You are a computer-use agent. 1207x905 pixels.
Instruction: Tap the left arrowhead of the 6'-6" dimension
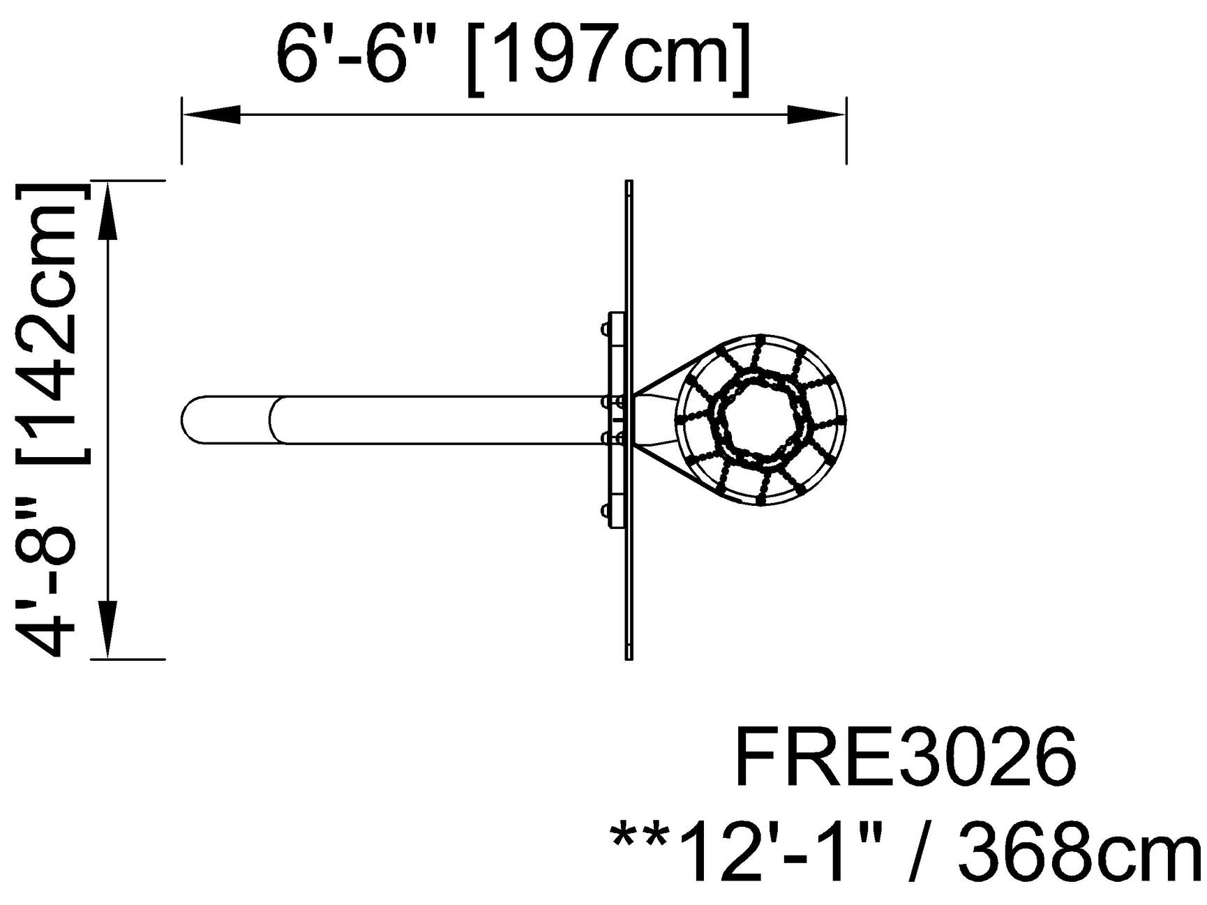click(211, 115)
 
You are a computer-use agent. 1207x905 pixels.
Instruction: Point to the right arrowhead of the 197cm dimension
click(816, 115)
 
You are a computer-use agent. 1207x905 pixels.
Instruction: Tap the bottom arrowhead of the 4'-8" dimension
click(107, 628)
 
